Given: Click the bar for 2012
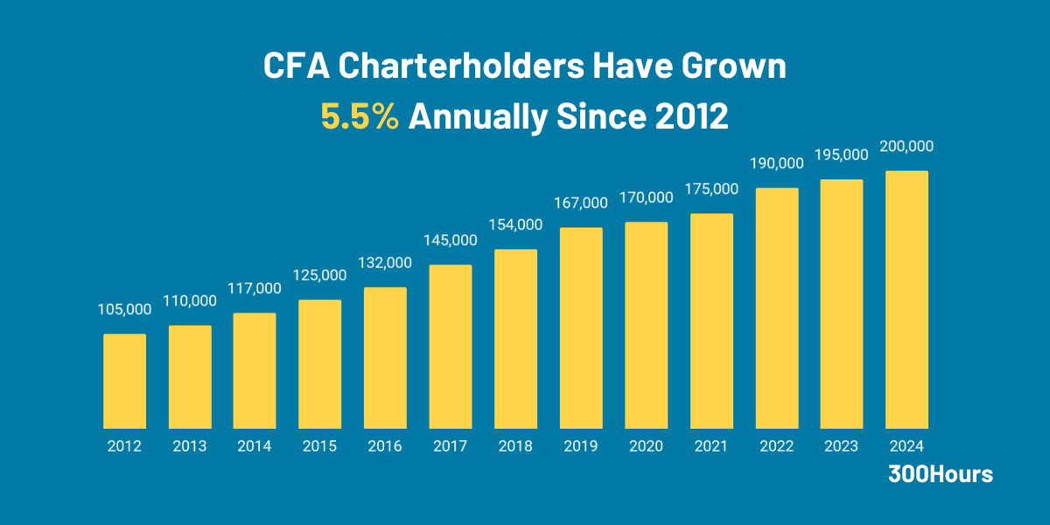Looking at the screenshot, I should click(124, 381).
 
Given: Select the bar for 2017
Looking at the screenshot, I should click(450, 346).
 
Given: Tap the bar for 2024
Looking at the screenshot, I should click(906, 299).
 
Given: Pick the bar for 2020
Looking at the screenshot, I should click(646, 325).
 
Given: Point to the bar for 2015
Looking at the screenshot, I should click(319, 364).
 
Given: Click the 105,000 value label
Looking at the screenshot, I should click(124, 309).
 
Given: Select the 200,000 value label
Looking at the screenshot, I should click(906, 146).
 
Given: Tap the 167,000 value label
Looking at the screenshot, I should click(580, 203).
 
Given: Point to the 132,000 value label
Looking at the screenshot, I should click(385, 262).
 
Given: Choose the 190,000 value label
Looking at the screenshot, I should click(776, 164).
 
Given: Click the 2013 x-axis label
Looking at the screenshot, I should click(190, 446).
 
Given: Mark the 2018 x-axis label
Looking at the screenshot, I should click(515, 446).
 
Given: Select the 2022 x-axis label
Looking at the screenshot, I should click(776, 446).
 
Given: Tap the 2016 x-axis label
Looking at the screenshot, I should click(385, 446).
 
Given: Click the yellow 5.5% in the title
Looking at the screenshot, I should click(360, 116).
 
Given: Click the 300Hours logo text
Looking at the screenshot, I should click(941, 474).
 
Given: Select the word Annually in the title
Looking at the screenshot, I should click(477, 117).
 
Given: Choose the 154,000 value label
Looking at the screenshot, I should click(515, 225).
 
